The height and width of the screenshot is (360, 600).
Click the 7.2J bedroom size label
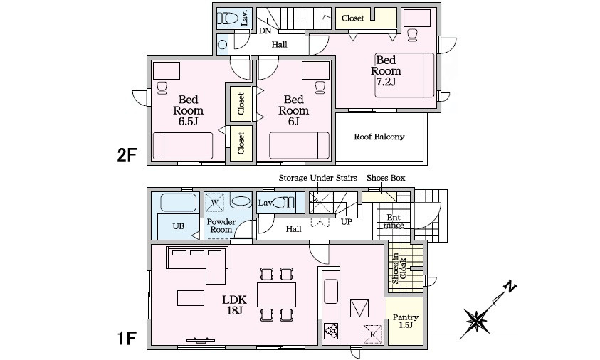[x=386, y=82]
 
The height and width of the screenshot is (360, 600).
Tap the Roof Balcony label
[x=379, y=137]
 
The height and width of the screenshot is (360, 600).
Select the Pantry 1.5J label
[x=405, y=321]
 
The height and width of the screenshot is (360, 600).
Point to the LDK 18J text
[x=235, y=305]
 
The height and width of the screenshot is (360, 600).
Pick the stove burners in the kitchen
[x=331, y=330]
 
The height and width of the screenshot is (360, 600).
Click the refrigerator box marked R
[x=373, y=334]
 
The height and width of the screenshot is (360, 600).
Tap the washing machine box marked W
[x=215, y=203]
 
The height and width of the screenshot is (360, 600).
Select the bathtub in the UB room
[x=179, y=203]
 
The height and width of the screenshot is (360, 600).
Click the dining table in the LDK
[x=276, y=295]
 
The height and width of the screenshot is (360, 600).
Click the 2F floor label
[x=127, y=155]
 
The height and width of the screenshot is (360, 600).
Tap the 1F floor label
[x=127, y=339]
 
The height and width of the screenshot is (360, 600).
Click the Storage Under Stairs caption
[x=317, y=178]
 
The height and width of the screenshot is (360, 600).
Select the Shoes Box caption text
[x=386, y=178]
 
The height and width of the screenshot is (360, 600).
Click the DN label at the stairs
[x=265, y=31]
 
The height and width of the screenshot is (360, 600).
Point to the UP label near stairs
[x=347, y=222]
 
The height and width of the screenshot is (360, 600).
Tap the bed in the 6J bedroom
[x=299, y=145]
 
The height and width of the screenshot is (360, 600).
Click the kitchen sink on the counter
[x=331, y=292]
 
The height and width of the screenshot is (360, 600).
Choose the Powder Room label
[x=221, y=226]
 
